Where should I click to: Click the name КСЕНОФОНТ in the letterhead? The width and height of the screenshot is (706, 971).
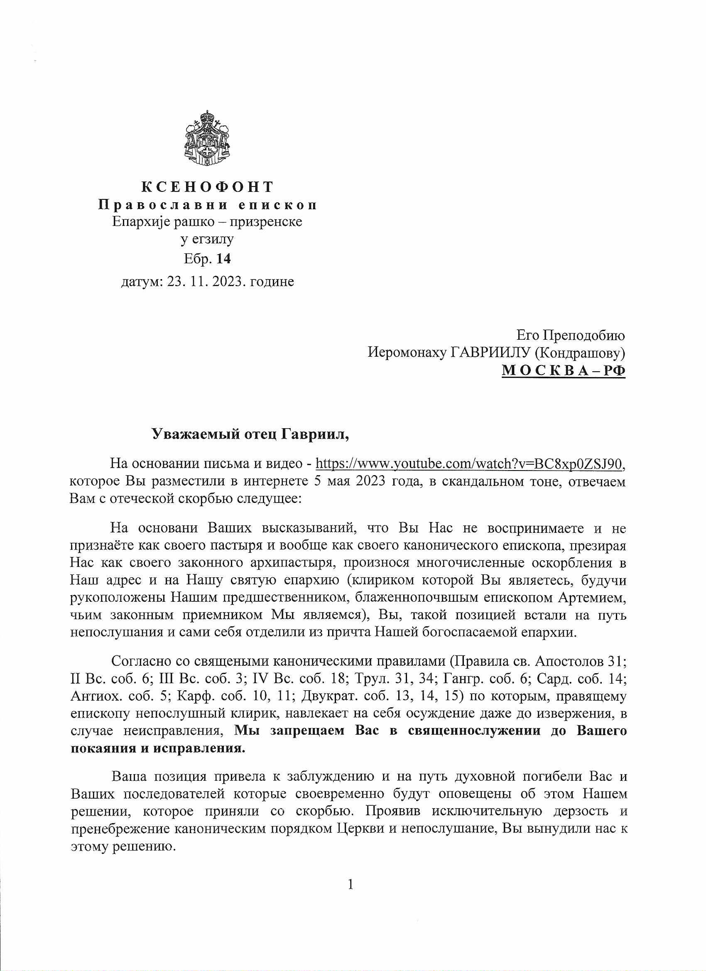[207, 187]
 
